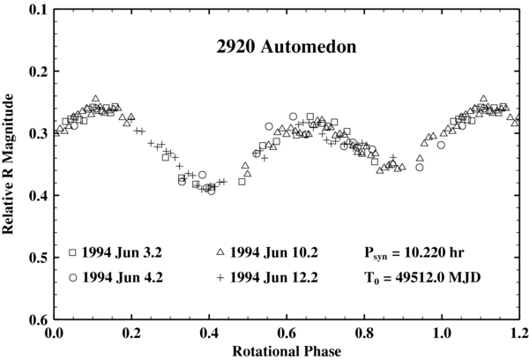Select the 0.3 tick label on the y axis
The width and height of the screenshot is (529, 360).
[39, 133]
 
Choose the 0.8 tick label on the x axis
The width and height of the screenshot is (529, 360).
[364, 333]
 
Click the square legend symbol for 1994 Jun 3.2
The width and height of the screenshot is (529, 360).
[72, 252]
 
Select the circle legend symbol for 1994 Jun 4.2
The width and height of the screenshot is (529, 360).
[72, 277]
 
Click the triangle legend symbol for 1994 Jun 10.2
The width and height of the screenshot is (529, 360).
[219, 252]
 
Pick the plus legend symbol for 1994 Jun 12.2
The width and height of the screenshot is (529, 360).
[219, 277]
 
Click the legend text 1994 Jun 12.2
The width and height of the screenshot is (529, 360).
[273, 277]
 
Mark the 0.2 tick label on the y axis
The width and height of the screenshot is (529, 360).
[39, 71]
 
